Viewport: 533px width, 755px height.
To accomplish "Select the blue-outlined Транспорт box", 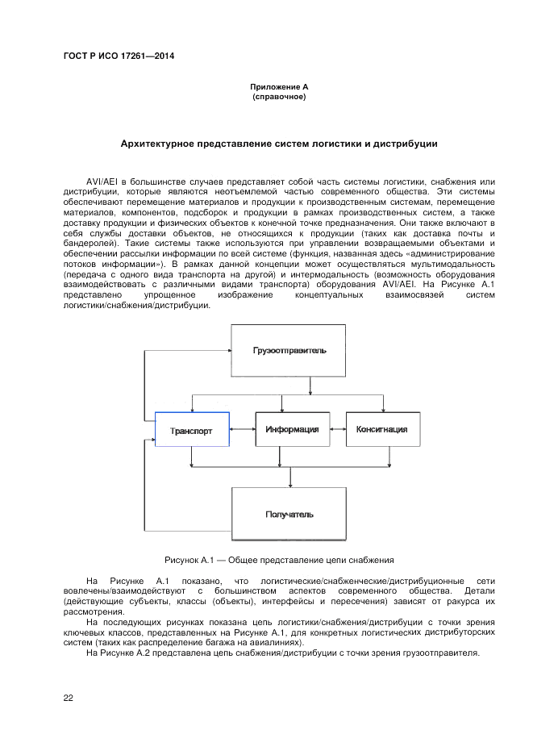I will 192,431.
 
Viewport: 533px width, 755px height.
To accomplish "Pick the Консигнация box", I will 381,429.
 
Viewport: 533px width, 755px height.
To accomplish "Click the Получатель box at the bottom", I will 289,514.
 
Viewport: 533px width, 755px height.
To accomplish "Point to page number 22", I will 69,698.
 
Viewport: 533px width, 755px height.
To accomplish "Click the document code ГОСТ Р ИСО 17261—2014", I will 119,56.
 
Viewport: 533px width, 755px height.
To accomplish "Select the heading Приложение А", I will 278,87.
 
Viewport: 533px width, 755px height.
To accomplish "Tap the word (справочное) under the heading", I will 278,97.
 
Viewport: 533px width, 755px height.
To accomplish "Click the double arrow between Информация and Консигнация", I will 338,429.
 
